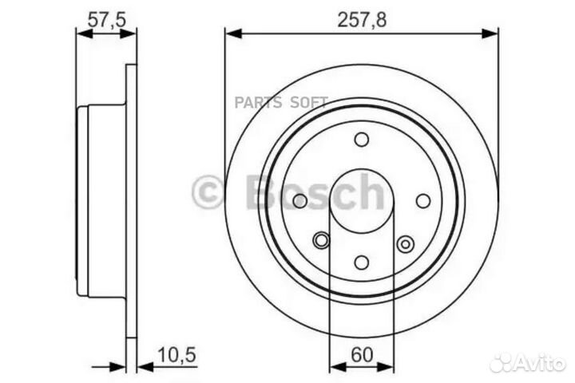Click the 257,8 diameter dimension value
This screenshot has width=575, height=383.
point(363,22)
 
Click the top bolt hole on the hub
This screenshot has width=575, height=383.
point(362,140)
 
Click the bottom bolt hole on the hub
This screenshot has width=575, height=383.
point(362,263)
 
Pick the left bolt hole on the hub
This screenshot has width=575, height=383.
point(300,201)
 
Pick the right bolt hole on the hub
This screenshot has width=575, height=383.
point(423,201)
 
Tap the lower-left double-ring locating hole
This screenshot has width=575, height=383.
point(321,239)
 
